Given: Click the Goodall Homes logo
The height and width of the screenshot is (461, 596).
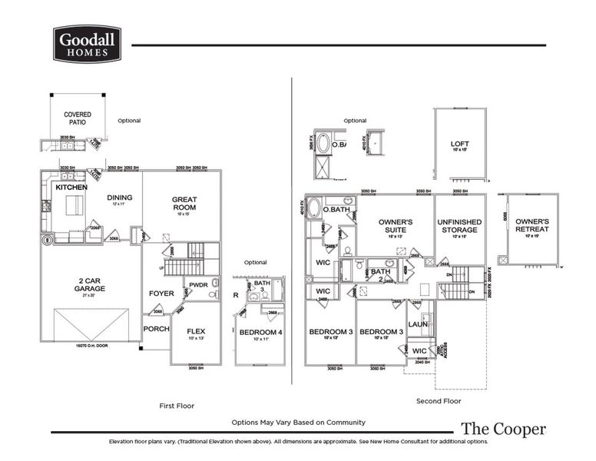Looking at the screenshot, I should click(87, 43).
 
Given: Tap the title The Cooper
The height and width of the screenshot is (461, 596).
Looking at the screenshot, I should click(503, 429).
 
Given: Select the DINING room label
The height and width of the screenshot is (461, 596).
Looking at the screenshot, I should click(120, 197).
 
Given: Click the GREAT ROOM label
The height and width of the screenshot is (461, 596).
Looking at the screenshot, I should click(184, 204).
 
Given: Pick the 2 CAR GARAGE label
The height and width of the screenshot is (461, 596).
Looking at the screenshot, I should click(91, 284).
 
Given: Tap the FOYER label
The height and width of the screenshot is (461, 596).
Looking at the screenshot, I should click(162, 293).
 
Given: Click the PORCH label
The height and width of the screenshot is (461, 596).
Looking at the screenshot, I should click(156, 328).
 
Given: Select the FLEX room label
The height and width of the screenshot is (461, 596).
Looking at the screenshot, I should click(197, 331).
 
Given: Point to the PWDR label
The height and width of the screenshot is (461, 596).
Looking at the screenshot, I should click(199, 285).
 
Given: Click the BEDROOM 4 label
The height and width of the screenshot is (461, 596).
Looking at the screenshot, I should click(260, 332).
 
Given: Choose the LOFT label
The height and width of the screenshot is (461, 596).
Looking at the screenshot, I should click(460, 144).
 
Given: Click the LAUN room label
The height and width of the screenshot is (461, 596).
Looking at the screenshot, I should click(417, 323).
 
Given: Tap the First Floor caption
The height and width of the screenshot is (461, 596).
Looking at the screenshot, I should click(177, 405).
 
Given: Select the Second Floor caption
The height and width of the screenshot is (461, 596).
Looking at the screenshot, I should click(439, 401).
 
